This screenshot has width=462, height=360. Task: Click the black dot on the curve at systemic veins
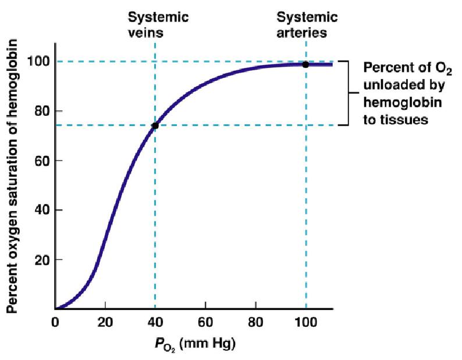click(x=155, y=126)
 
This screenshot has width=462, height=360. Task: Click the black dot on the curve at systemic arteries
click(x=305, y=65)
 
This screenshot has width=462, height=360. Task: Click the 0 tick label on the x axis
click(x=55, y=322)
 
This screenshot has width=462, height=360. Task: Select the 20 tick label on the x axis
click(x=105, y=322)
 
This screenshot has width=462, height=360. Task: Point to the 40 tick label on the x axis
click(x=155, y=322)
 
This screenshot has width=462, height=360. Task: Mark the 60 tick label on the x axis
click(x=205, y=322)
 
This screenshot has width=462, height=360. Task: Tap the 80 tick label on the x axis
click(x=255, y=322)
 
